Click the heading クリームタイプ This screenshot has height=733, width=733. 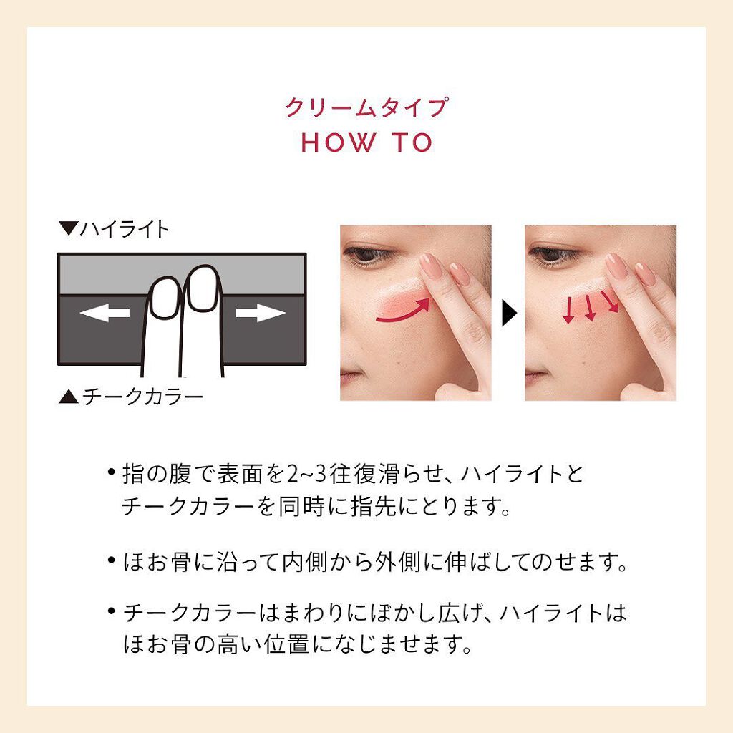367,107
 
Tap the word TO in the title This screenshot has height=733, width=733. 412,142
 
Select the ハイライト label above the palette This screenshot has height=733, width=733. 125,230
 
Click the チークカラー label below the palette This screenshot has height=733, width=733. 142,397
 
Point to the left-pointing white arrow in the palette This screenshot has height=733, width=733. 105,313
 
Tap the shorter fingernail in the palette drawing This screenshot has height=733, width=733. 165,298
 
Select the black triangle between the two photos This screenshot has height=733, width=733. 509,313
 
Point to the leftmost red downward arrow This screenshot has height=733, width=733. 569,309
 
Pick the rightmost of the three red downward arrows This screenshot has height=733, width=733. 610,301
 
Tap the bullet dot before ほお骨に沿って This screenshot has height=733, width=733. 111,560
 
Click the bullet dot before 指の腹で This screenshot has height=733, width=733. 111,472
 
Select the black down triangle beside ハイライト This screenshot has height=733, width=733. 68,228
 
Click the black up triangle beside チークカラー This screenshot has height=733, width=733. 68,397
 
